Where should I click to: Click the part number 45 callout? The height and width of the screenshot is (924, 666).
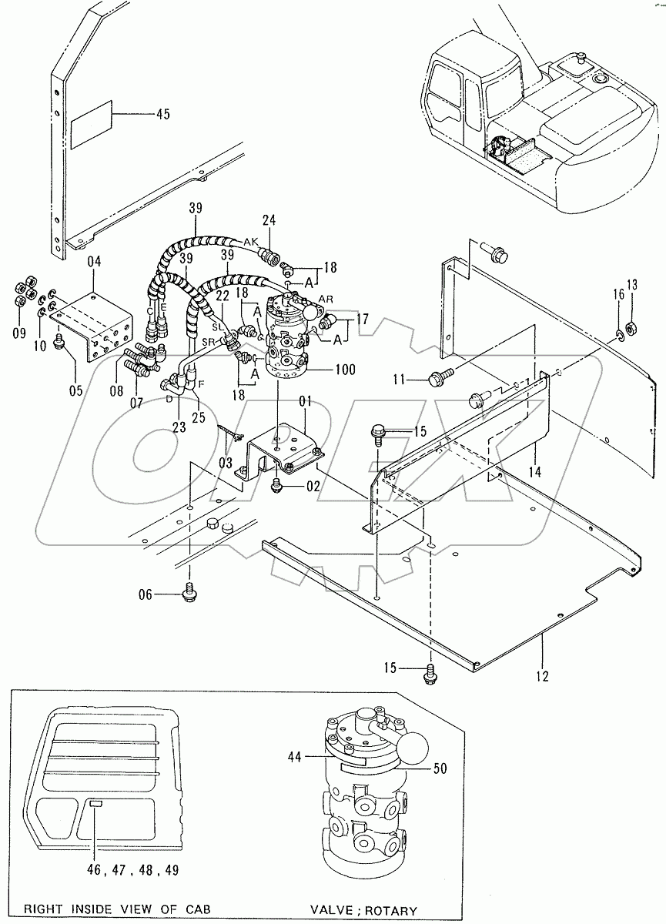click(162, 115)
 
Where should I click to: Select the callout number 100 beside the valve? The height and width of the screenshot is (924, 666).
click(344, 370)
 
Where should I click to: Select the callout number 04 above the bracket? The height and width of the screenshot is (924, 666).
click(94, 263)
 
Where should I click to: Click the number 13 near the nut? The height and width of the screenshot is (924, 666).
click(631, 286)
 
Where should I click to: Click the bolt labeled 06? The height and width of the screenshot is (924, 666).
click(189, 592)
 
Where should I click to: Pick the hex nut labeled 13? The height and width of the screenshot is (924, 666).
click(630, 328)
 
